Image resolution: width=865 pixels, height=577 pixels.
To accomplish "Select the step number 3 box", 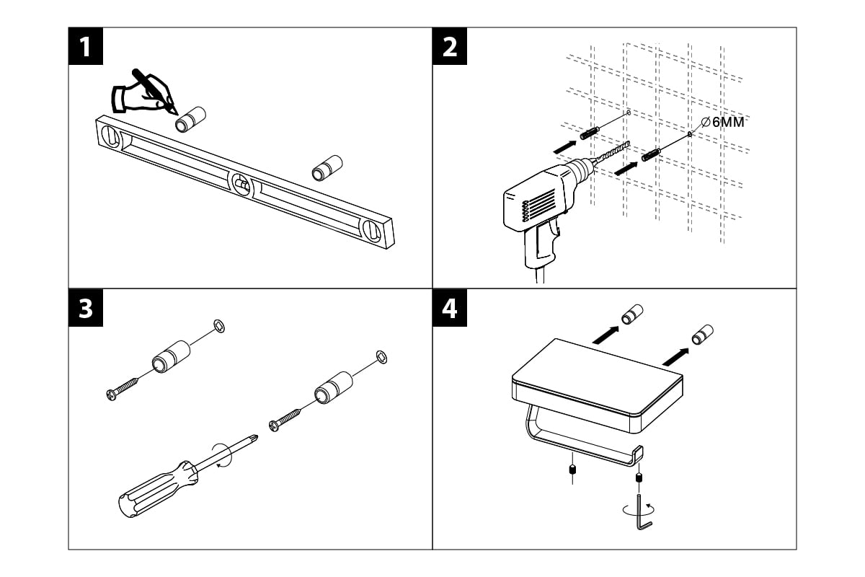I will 86,308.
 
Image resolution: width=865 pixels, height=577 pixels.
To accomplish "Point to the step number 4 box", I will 450,308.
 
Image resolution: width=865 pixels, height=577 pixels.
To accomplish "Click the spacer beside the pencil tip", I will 191,119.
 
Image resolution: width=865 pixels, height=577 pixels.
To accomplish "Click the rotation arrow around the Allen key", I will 634,508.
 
